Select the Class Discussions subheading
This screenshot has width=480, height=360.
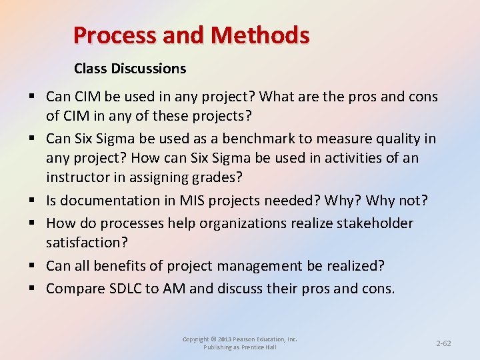click(x=130, y=69)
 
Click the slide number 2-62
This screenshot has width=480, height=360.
click(x=443, y=343)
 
